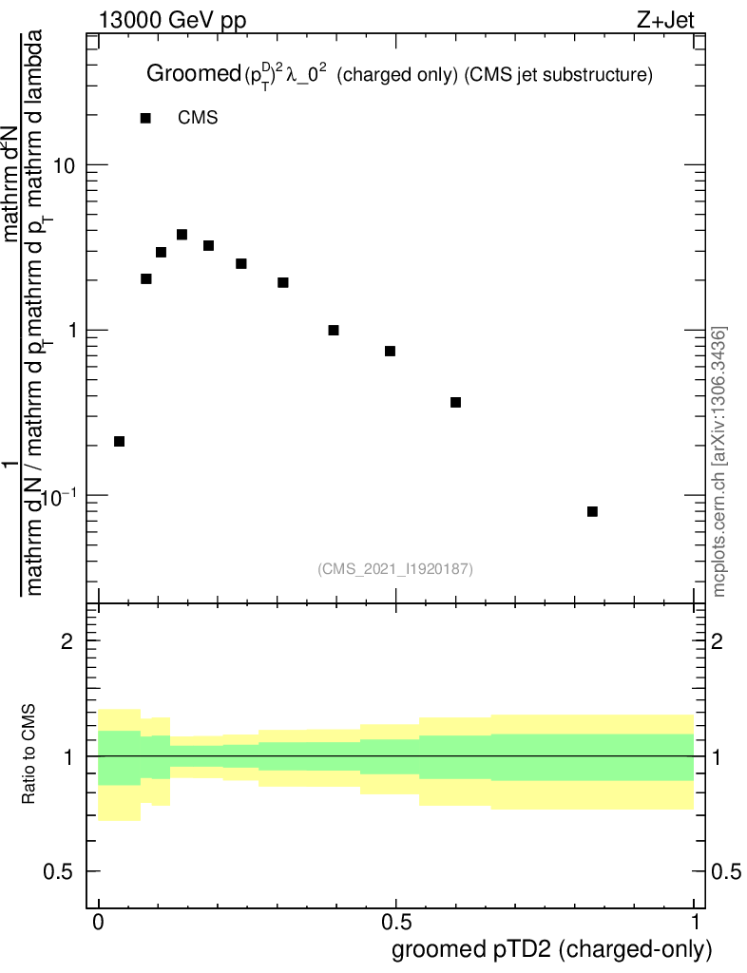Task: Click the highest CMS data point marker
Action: pyautogui.click(x=182, y=235)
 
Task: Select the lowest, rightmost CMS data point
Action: pyautogui.click(x=592, y=511)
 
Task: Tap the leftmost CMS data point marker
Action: pyautogui.click(x=119, y=441)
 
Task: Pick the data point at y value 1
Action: pyautogui.click(x=334, y=330)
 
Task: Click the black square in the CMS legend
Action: pyautogui.click(x=145, y=118)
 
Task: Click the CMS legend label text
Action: pyautogui.click(x=198, y=118)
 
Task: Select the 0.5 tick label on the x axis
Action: pyautogui.click(x=396, y=923)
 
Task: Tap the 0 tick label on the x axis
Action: pyautogui.click(x=99, y=923)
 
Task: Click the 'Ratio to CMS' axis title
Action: pyautogui.click(x=29, y=755)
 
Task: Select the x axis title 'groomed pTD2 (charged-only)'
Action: pyautogui.click(x=551, y=949)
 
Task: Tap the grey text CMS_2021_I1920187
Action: pyautogui.click(x=394, y=568)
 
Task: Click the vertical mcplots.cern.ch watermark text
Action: pyautogui.click(x=719, y=461)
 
